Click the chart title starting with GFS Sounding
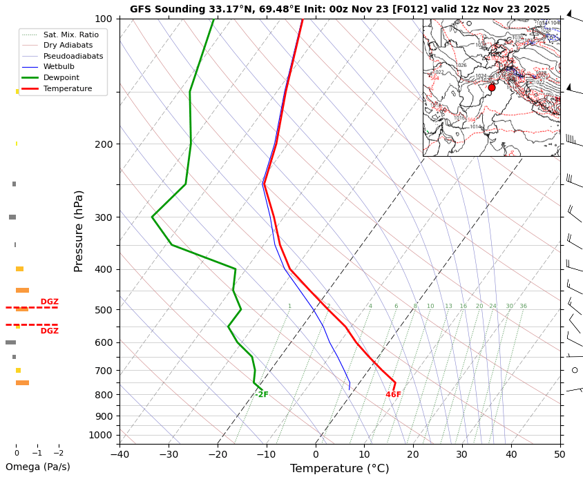(340, 9)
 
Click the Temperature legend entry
(67, 89)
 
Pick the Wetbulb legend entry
(59, 67)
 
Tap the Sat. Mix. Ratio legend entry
(70, 35)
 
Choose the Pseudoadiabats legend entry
(73, 56)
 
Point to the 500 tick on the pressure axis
(104, 310)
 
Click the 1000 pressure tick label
(101, 435)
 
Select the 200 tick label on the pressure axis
(104, 144)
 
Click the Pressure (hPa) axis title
(79, 231)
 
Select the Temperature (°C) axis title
(339, 469)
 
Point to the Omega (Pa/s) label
(37, 467)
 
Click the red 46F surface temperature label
(393, 395)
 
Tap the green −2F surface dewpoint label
(260, 395)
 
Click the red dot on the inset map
(492, 88)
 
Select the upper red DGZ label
(49, 302)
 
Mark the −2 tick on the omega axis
(59, 454)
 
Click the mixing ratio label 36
(523, 306)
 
